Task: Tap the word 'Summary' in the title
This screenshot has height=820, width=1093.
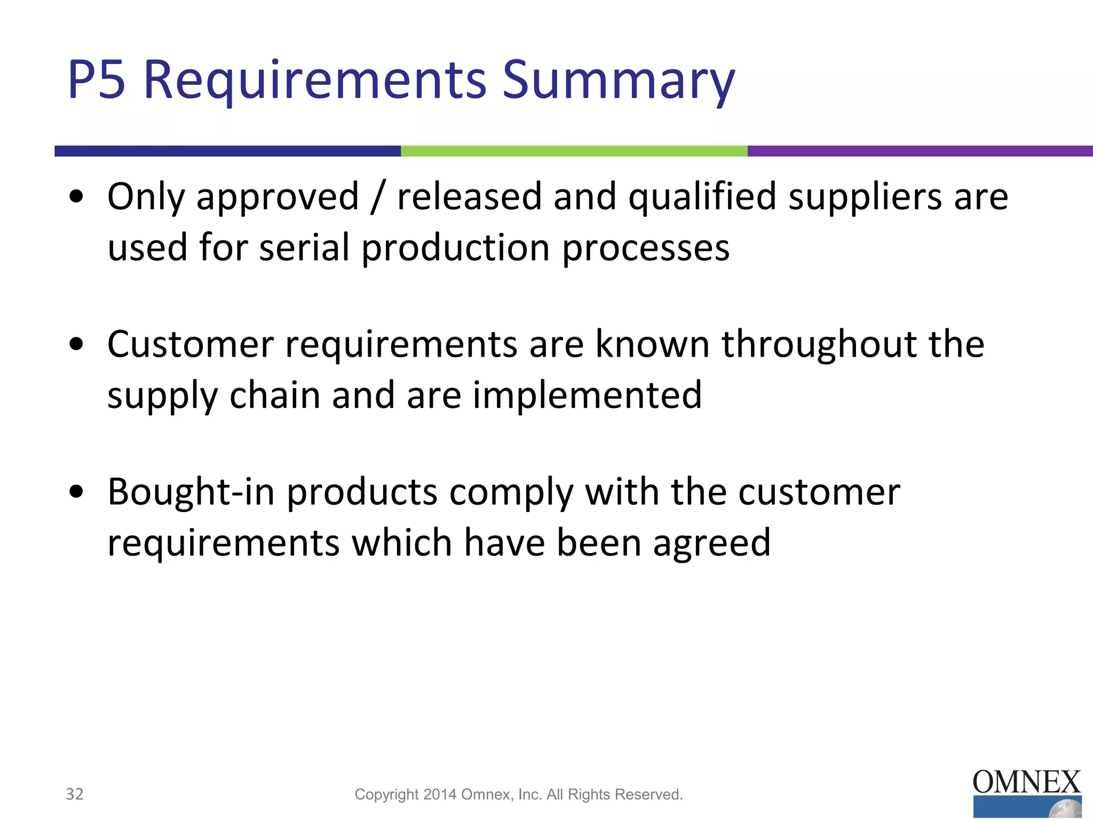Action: pyautogui.click(x=619, y=81)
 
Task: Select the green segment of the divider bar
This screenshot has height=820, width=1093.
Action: pyautogui.click(x=574, y=151)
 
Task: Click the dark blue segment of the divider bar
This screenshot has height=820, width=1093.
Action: pyautogui.click(x=227, y=151)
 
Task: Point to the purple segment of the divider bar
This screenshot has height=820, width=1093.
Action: pyautogui.click(x=920, y=151)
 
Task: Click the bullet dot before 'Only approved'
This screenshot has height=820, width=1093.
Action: pyautogui.click(x=77, y=196)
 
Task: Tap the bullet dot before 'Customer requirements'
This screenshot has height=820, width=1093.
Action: pyautogui.click(x=77, y=344)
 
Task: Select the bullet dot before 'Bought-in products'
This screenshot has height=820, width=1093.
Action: pyautogui.click(x=77, y=492)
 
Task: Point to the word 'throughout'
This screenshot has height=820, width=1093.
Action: pyautogui.click(x=819, y=344)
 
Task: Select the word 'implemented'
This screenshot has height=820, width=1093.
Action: pyautogui.click(x=587, y=396)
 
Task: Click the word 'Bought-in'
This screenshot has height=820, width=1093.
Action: pyautogui.click(x=191, y=492)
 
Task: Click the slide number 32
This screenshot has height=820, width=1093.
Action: pyautogui.click(x=75, y=794)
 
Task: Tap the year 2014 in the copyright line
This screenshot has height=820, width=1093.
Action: pyautogui.click(x=440, y=795)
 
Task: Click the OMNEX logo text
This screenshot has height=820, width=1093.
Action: pyautogui.click(x=1026, y=783)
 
